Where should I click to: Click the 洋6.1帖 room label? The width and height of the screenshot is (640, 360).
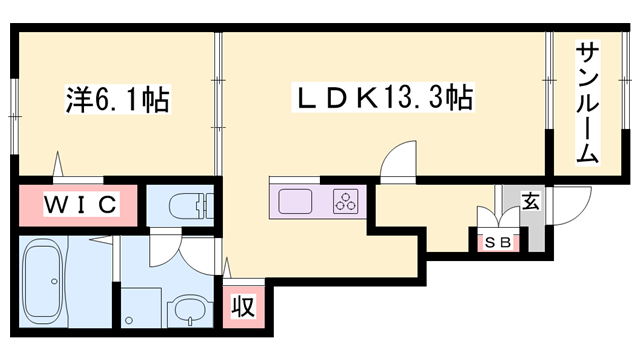tap(118, 99)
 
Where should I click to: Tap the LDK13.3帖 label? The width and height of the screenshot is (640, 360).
tap(381, 99)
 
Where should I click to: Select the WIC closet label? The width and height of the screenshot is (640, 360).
tap(82, 205)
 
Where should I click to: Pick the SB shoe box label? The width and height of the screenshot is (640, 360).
tap(495, 241)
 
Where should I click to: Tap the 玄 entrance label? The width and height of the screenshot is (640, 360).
tap(530, 200)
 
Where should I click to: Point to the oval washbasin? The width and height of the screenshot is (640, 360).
tap(187, 311)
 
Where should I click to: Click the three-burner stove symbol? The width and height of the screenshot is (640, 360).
tap(346, 201)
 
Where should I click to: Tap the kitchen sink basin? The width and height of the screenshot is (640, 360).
tap(297, 201)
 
